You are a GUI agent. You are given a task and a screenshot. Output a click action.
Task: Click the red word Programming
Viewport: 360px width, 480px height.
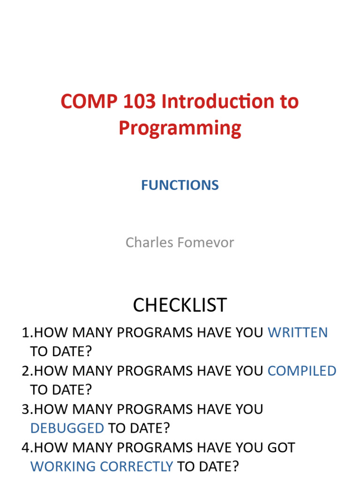coord(180,128)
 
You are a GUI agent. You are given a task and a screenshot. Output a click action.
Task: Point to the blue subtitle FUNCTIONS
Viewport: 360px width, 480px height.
coord(180,185)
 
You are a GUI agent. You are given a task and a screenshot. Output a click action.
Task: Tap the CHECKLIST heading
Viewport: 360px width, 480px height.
coord(180,305)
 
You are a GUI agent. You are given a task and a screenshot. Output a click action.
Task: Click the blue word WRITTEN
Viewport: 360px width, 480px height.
coord(298,333)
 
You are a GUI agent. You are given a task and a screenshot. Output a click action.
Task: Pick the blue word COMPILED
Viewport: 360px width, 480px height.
coord(302,371)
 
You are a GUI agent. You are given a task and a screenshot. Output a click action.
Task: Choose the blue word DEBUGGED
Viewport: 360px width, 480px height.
coord(67,428)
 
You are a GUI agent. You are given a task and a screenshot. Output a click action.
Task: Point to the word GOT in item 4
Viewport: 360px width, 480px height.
coord(281,448)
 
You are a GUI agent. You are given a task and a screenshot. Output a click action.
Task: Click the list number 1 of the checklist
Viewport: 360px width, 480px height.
coord(25,333)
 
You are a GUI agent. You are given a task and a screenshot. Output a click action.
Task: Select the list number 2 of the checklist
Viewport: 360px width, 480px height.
coord(25,371)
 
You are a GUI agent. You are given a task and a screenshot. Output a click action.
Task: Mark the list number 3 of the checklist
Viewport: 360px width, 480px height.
coord(25,409)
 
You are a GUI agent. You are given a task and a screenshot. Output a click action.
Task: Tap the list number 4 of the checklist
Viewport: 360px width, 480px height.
coord(25,448)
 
